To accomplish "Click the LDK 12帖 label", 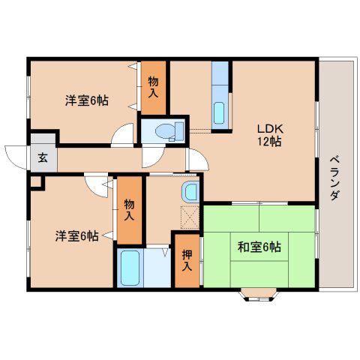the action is click(x=270, y=135).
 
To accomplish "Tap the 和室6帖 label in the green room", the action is click(x=259, y=247).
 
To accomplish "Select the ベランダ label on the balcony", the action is click(x=335, y=178).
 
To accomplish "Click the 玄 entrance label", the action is click(x=43, y=158).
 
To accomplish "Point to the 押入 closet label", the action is click(x=187, y=260).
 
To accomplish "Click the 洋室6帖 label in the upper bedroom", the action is click(x=87, y=100).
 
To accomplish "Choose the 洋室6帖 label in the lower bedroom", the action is click(x=76, y=236).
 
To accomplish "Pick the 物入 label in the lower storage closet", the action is click(x=129, y=210).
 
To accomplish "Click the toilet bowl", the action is click(x=165, y=130).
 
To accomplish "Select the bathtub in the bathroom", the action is click(x=130, y=268).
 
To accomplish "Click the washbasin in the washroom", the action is click(x=190, y=191).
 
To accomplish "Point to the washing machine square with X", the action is click(x=190, y=217).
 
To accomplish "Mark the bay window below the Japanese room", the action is click(x=259, y=294).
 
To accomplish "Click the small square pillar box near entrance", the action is click(x=37, y=183).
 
